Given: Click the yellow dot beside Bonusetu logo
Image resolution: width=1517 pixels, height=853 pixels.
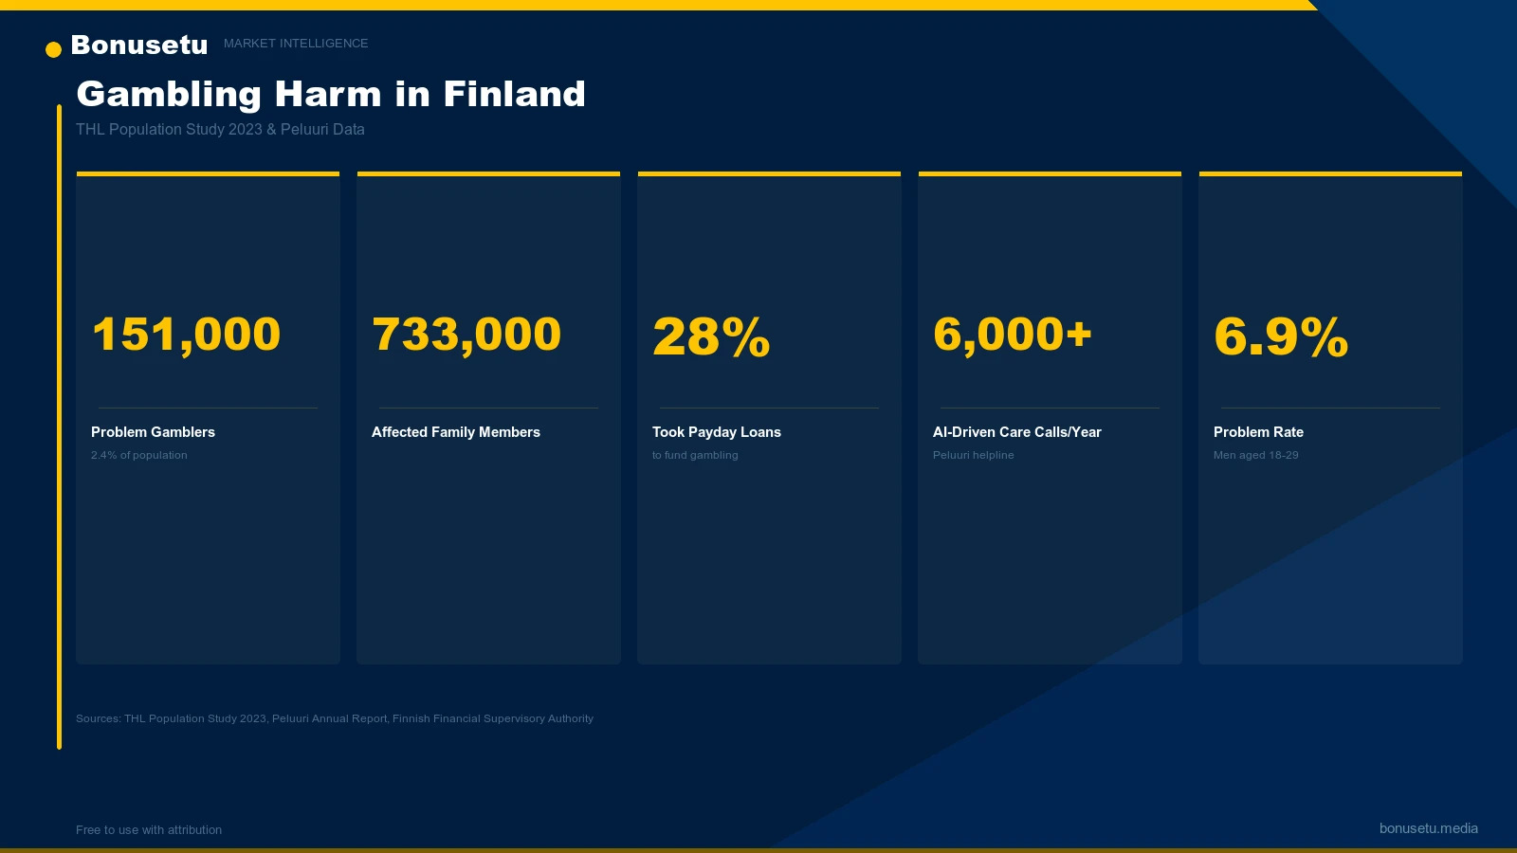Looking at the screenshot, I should (53, 49).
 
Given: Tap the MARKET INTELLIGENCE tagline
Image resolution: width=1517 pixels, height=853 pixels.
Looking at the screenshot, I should (296, 44).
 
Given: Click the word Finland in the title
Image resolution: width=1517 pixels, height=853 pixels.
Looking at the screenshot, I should (514, 94).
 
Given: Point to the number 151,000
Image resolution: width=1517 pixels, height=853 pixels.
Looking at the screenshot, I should (186, 335).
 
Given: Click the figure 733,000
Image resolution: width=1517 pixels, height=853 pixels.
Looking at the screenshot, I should (466, 335).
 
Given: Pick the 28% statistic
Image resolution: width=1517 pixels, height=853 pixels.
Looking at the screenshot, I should (711, 336).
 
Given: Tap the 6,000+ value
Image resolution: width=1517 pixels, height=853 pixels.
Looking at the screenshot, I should (1013, 335).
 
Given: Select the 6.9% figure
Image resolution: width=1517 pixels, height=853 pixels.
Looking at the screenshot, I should (1281, 336).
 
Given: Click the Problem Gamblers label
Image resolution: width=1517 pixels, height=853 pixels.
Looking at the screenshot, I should (153, 432).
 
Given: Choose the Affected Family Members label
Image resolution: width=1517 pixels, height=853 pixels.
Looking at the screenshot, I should (456, 432).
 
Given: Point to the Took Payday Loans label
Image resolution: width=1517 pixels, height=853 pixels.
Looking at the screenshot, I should (717, 432).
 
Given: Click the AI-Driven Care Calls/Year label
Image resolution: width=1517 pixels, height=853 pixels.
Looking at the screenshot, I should (1017, 432).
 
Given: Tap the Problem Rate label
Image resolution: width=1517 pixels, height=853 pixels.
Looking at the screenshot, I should (1258, 432).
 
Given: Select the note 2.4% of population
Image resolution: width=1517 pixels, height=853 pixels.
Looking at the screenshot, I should (139, 456).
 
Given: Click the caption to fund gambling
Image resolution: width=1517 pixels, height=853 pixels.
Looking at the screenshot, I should (695, 456).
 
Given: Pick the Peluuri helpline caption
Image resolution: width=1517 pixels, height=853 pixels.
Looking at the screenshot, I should (974, 456).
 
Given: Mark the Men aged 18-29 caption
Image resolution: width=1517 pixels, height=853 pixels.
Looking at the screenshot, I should (1256, 456).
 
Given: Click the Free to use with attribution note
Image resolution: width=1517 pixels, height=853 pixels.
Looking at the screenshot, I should (149, 830).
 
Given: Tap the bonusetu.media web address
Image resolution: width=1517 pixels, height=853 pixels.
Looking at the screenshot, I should (1428, 828).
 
